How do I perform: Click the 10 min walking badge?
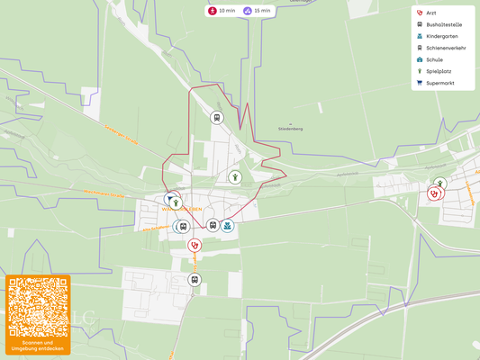tap(222, 11)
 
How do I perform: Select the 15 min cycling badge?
tap(258, 11)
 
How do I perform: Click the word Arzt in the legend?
tap(431, 13)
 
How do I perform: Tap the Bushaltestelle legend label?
tap(444, 25)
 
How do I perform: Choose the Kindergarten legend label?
tap(442, 37)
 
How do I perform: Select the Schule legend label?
tap(434, 59)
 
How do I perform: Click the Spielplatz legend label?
tap(439, 71)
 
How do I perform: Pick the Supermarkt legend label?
tap(440, 83)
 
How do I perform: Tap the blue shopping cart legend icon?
tap(419, 83)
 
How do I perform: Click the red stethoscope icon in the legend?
tap(419, 13)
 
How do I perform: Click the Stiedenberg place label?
tap(290, 129)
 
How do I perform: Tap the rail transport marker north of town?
tap(216, 117)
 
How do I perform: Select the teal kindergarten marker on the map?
tap(228, 225)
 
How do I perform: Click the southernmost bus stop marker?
tap(194, 280)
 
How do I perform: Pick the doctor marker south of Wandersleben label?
tap(194, 244)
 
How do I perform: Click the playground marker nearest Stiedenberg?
tap(234, 177)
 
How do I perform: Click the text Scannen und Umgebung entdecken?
tap(38, 346)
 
